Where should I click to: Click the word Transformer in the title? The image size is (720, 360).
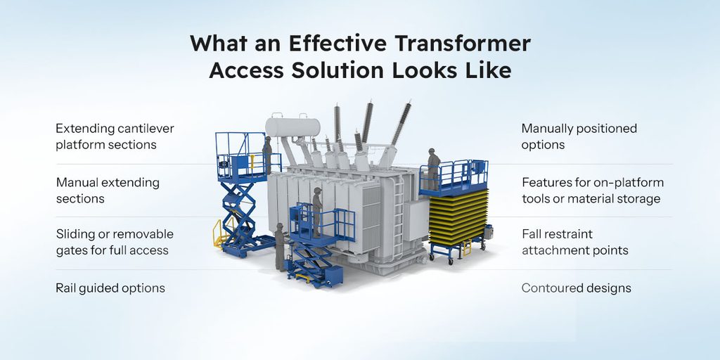point(463,43)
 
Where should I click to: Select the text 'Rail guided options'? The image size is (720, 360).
point(110,288)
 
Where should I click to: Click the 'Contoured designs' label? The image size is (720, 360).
point(577,288)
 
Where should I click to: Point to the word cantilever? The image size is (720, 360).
point(146,128)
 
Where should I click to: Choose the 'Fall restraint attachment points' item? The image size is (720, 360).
point(575,242)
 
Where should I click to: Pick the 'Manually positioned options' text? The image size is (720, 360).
point(579,136)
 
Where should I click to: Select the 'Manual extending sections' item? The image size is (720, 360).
point(108,191)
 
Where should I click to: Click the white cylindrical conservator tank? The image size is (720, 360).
point(292,127)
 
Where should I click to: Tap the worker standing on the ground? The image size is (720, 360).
point(279,246)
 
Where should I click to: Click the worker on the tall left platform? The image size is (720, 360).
point(267,154)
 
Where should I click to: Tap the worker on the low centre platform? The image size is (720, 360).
point(317,211)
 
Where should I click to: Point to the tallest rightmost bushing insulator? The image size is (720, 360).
point(400,123)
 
